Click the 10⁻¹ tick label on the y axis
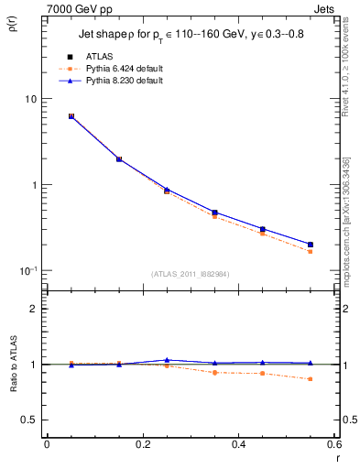(x=27, y=271)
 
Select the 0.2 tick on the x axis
(x=142, y=444)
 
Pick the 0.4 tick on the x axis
(x=238, y=444)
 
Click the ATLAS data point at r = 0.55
(x=311, y=245)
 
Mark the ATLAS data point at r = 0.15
(x=119, y=159)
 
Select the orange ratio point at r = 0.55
(x=311, y=379)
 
